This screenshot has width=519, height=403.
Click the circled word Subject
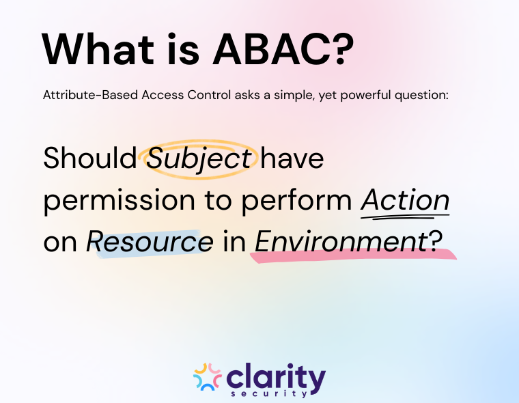pyautogui.click(x=199, y=158)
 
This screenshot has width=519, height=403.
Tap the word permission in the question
pyautogui.click(x=107, y=201)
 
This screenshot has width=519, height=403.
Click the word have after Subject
pyautogui.click(x=292, y=158)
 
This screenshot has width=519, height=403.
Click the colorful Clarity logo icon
pyautogui.click(x=207, y=378)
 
